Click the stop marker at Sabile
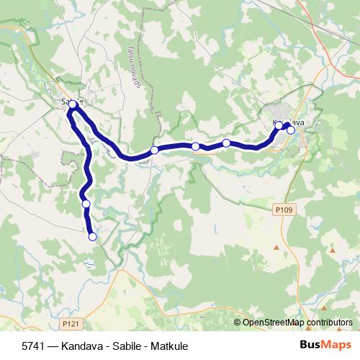point(73,105)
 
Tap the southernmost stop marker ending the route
point(92,236)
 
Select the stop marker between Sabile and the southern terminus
point(86,204)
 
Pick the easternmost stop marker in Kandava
point(291,130)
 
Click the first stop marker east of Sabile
point(155,150)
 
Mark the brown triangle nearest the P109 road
point(276,248)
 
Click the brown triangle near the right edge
point(333,250)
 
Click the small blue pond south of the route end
point(89,264)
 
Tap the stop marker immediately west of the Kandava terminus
point(279,125)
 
